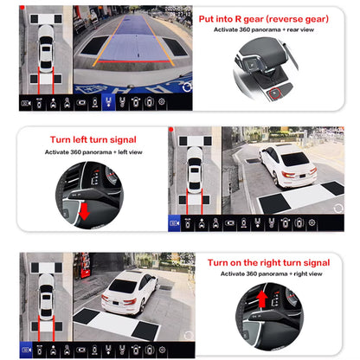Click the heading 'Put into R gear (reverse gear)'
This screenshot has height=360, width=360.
pos(274,17)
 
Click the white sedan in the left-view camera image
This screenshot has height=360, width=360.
pos(295,164)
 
